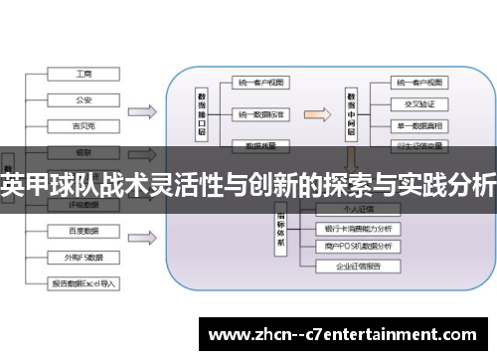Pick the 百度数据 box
(x=84, y=231)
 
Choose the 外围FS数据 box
(x=84, y=257)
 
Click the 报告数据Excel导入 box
(x=84, y=282)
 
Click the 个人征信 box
(x=359, y=211)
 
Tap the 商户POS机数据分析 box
(x=359, y=247)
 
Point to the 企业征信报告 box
(x=359, y=268)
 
